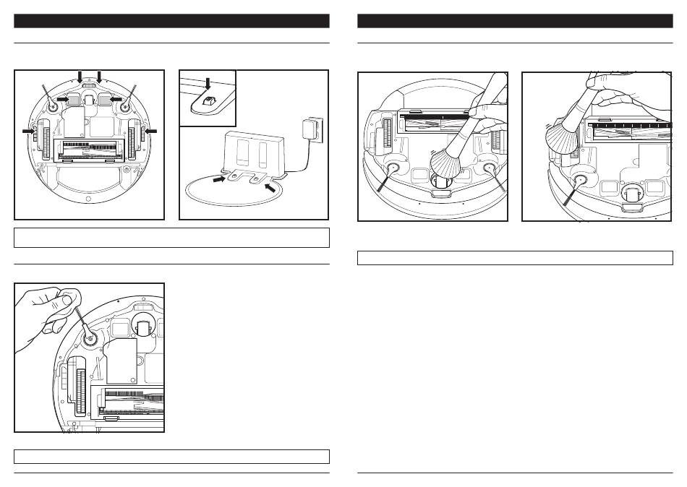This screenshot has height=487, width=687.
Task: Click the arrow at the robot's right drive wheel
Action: pos(150,131)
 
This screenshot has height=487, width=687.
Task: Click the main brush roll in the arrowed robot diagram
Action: pos(90,150)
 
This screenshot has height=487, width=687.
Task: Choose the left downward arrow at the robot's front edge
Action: pos(80,75)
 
